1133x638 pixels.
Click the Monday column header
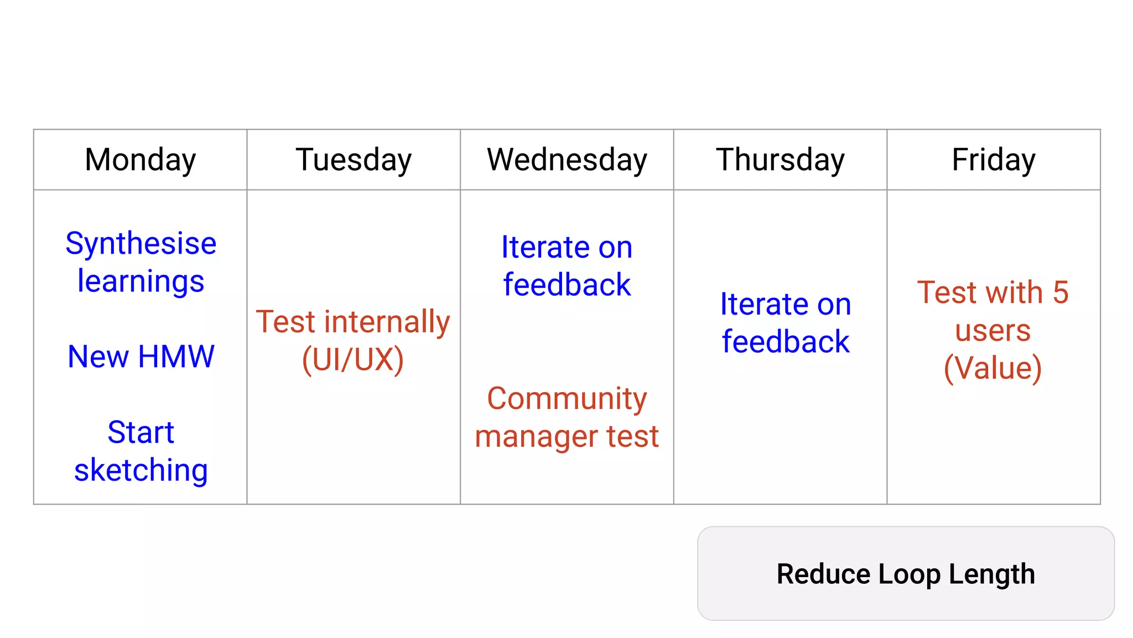tap(141, 160)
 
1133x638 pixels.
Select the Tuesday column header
tap(354, 160)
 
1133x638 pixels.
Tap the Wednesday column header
tap(567, 160)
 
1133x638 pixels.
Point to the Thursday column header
tap(780, 160)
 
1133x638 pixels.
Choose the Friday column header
tap(994, 160)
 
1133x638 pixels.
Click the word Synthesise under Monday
tap(141, 244)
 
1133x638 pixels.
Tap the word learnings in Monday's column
tap(141, 281)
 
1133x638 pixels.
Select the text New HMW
tap(141, 357)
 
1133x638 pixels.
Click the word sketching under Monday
tap(141, 470)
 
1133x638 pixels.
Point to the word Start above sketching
tap(141, 433)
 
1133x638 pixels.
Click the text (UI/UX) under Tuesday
tap(353, 359)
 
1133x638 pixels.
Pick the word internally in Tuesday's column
tap(387, 322)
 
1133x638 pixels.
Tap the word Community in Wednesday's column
tap(567, 399)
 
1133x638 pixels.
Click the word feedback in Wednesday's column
tap(567, 285)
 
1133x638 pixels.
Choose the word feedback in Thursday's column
tap(786, 342)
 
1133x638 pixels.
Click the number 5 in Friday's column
tap(1061, 292)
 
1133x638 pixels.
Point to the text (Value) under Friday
tap(993, 368)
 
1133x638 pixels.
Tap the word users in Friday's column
tap(993, 331)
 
